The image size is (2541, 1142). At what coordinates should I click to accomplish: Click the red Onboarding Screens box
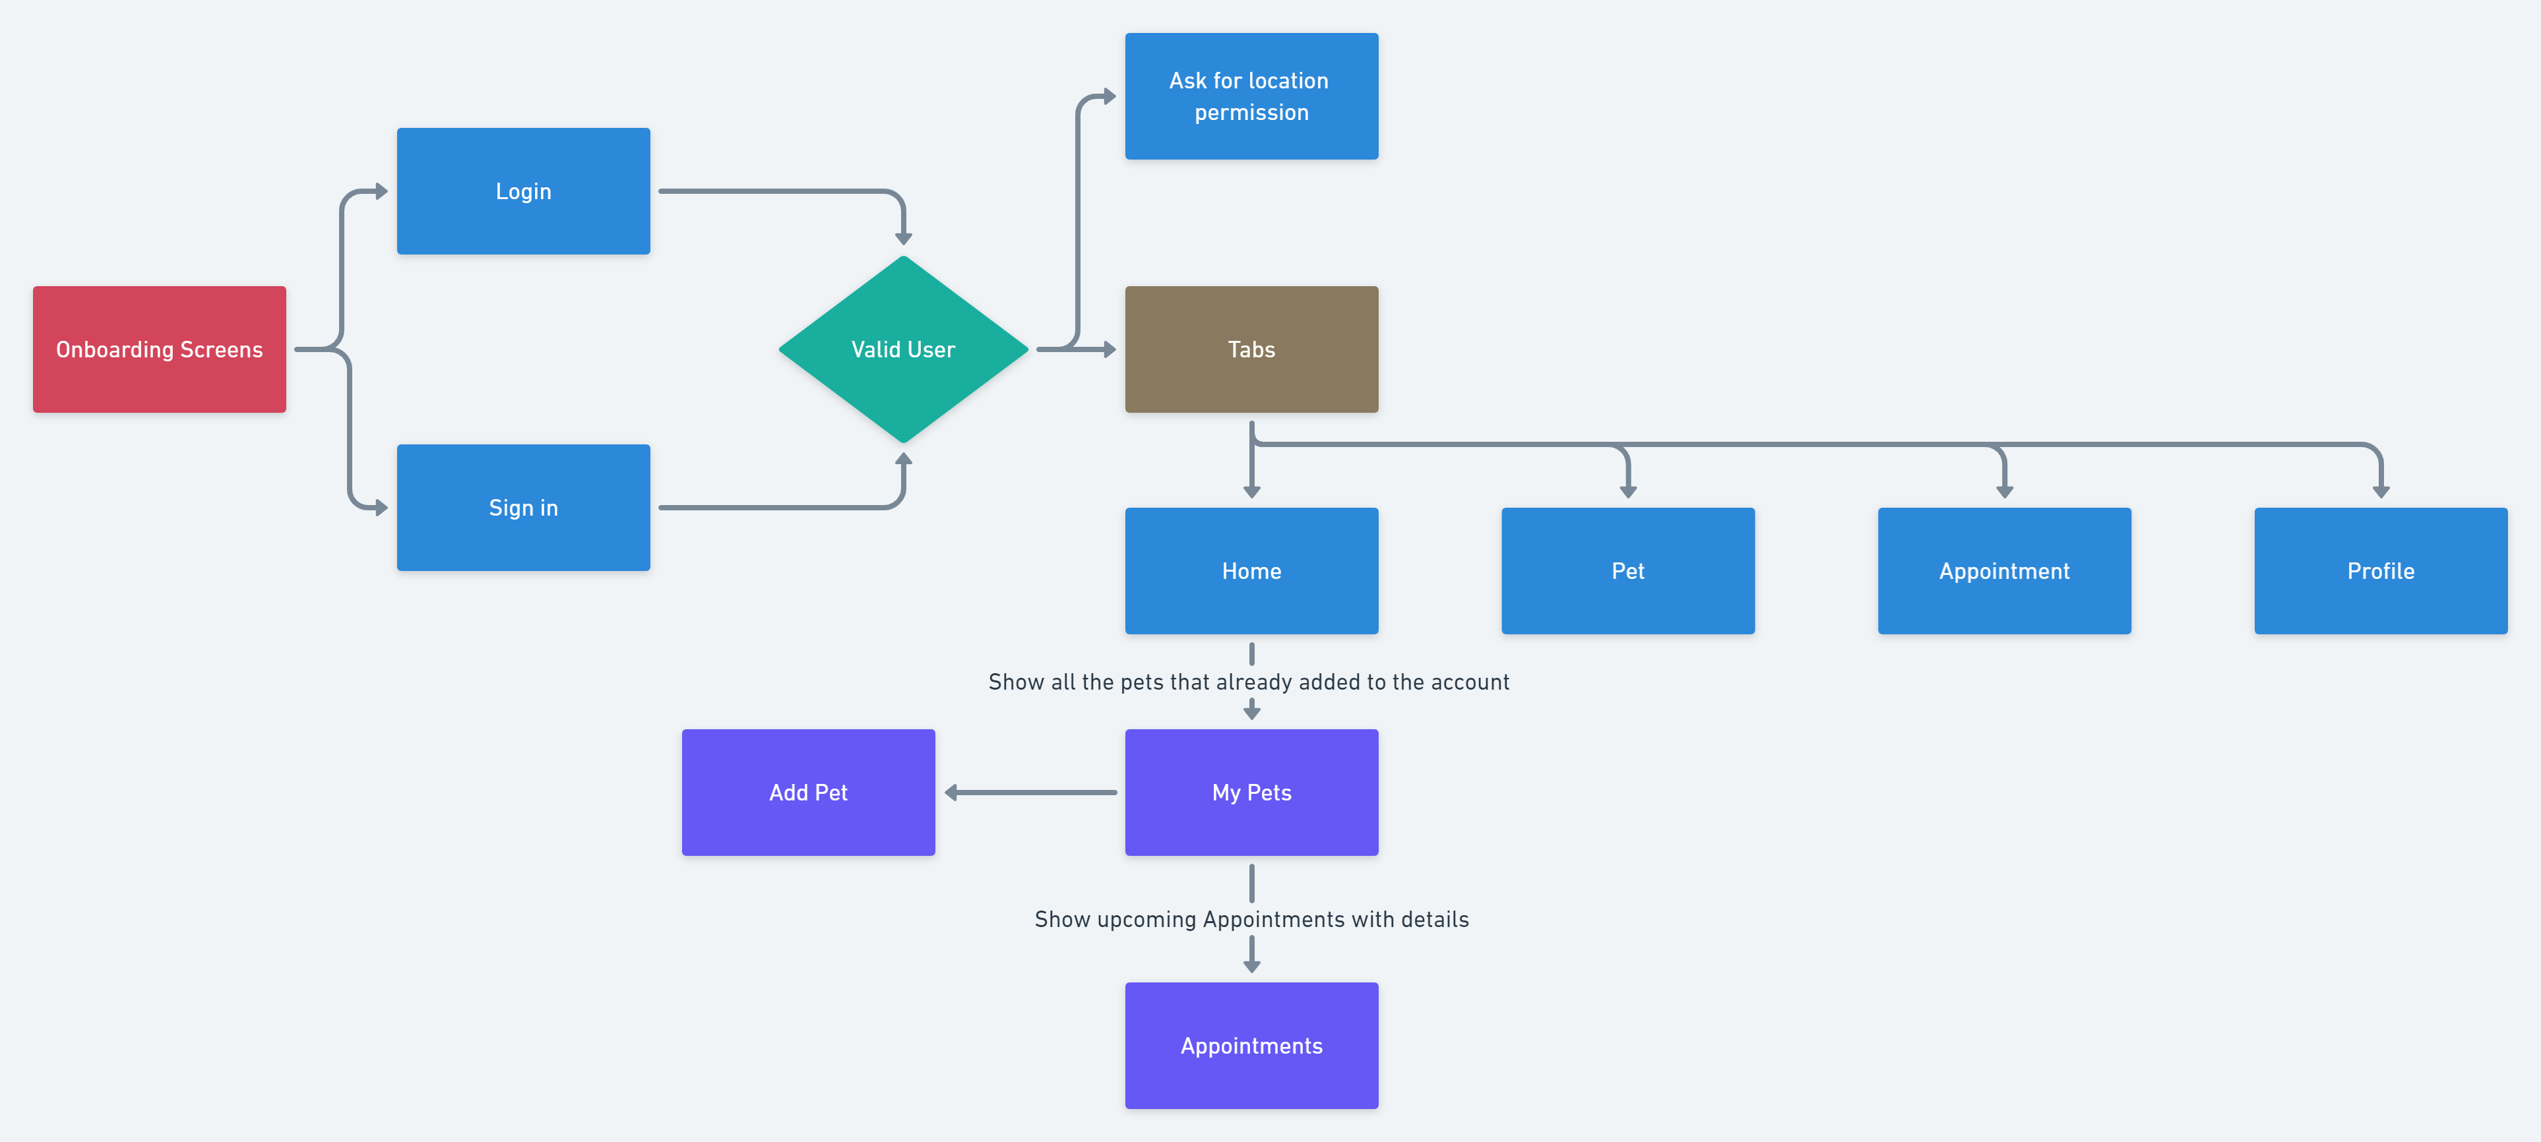pyautogui.click(x=159, y=349)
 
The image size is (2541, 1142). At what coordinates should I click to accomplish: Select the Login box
pyautogui.click(x=523, y=191)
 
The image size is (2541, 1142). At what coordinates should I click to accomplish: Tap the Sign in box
pyautogui.click(x=523, y=507)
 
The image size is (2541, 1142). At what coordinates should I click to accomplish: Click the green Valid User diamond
pyautogui.click(x=902, y=349)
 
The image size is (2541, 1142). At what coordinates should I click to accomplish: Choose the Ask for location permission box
pyautogui.click(x=1251, y=96)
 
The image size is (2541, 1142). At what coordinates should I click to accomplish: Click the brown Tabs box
pyautogui.click(x=1251, y=349)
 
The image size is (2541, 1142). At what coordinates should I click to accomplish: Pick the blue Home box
pyautogui.click(x=1251, y=570)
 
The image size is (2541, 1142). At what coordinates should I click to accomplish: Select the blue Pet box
pyautogui.click(x=1627, y=570)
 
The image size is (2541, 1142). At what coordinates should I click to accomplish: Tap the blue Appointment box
pyautogui.click(x=2003, y=570)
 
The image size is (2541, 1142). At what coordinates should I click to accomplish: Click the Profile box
pyautogui.click(x=2380, y=570)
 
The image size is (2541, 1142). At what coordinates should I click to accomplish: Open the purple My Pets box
pyautogui.click(x=1251, y=792)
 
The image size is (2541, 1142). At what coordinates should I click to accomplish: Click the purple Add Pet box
pyautogui.click(x=808, y=792)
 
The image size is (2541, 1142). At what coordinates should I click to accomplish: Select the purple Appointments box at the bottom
pyautogui.click(x=1251, y=1045)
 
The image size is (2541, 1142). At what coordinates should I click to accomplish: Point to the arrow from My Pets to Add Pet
pyautogui.click(x=1031, y=792)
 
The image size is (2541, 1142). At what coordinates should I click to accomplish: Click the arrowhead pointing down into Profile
pyautogui.click(x=2380, y=491)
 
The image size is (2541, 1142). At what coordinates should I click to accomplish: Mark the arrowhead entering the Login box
pyautogui.click(x=382, y=191)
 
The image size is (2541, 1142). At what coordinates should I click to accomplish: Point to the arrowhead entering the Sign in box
pyautogui.click(x=382, y=508)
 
